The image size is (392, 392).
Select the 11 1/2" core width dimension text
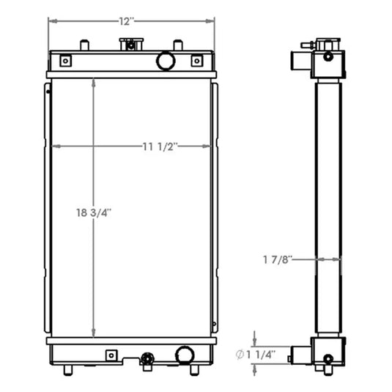pyautogui.click(x=158, y=146)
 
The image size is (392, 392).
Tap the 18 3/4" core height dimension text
pyautogui.click(x=93, y=212)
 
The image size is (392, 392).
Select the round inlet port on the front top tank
pyautogui.click(x=166, y=61)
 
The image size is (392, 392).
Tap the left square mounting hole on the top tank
pyautogui.click(x=65, y=61)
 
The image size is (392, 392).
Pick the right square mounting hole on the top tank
pyautogui.click(x=196, y=61)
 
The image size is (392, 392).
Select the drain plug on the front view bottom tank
pyautogui.click(x=147, y=359)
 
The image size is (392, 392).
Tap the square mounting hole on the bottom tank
pyautogui.click(x=111, y=355)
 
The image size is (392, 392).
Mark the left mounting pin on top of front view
pyautogui.click(x=84, y=45)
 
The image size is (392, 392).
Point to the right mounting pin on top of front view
pyautogui.click(x=177, y=45)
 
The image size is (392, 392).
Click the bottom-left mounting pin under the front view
pyautogui.click(x=67, y=369)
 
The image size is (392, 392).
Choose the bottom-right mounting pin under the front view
pyautogui.click(x=194, y=369)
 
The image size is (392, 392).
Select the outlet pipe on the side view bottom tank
pyautogui.click(x=299, y=355)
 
